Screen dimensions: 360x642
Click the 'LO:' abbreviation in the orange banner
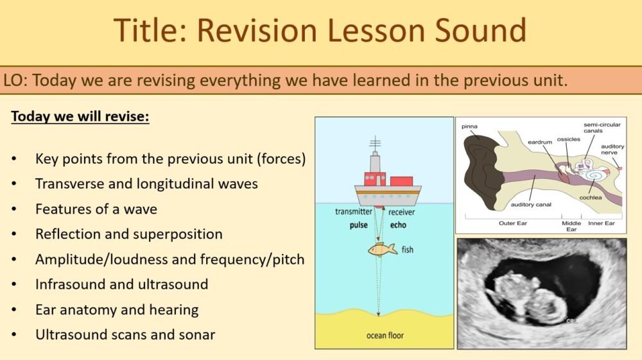coord(15,81)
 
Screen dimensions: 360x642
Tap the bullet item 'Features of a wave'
coord(96,209)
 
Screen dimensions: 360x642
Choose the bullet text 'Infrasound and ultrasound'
coord(121,284)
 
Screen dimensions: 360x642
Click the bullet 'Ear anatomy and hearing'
coord(117,309)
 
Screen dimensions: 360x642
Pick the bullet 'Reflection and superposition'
coord(128,234)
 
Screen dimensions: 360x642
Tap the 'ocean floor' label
coord(385,335)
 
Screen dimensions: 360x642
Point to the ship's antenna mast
coord(375,146)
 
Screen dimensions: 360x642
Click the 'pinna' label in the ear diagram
coord(470,126)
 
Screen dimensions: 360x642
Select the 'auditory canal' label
coord(531,205)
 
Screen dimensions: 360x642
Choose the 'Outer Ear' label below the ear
coord(514,224)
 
